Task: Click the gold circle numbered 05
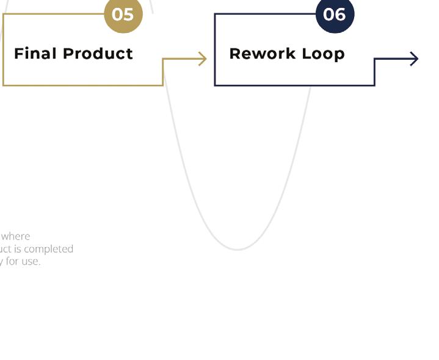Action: click(x=123, y=13)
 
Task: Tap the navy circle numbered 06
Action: click(x=335, y=13)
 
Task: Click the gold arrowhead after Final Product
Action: click(x=203, y=59)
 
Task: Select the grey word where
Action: click(x=16, y=236)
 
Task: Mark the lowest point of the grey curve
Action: click(x=238, y=250)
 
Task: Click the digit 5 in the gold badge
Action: click(x=128, y=13)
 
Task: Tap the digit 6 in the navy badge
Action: click(x=340, y=13)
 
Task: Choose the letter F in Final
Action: click(x=18, y=54)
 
